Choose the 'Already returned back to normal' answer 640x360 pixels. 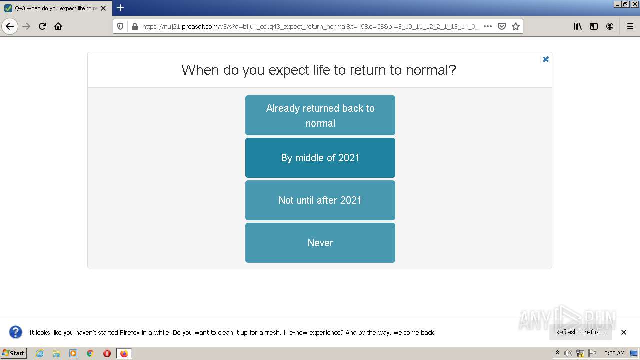320,115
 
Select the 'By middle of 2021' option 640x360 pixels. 320,158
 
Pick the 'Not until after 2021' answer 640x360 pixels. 320,200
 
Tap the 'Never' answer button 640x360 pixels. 320,243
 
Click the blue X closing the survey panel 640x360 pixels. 546,59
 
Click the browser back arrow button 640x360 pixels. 10,26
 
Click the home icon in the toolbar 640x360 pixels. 58,26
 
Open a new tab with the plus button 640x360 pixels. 120,8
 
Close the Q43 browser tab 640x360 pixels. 103,8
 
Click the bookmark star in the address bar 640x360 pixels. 516,26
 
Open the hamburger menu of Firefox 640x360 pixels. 630,26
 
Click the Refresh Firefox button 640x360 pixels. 580,332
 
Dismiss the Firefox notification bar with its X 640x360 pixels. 624,332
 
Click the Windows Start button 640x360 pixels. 13,353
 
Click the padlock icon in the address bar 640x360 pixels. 134,26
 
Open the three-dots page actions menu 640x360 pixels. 488,26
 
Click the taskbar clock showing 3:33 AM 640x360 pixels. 614,353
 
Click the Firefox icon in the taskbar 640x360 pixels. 124,353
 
